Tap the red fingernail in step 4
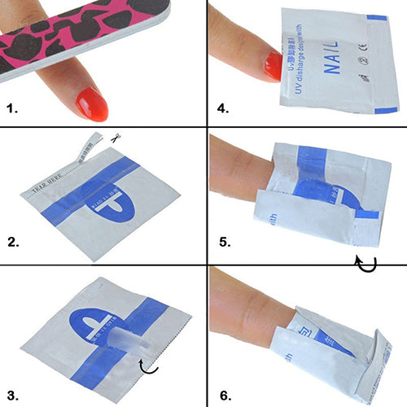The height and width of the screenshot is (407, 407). pyautogui.click(x=273, y=65)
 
